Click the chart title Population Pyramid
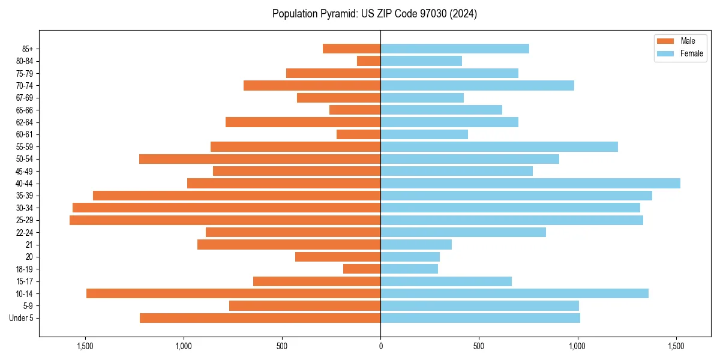coord(374,14)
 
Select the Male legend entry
coord(688,41)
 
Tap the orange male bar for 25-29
coord(225,220)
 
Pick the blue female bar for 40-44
coord(530,184)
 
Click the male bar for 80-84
coord(368,61)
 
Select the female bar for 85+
coord(455,49)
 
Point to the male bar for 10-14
coord(233,293)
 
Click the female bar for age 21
coord(416,245)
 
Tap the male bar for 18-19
coord(362,269)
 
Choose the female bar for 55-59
coord(499,147)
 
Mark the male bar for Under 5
coord(260,318)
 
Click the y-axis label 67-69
coord(25,98)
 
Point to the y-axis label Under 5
coord(22,318)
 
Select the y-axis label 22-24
coord(25,233)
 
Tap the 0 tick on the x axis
coord(380,346)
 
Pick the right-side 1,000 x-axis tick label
coord(577,346)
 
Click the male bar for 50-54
coord(260,159)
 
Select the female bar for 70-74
coord(477,86)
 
